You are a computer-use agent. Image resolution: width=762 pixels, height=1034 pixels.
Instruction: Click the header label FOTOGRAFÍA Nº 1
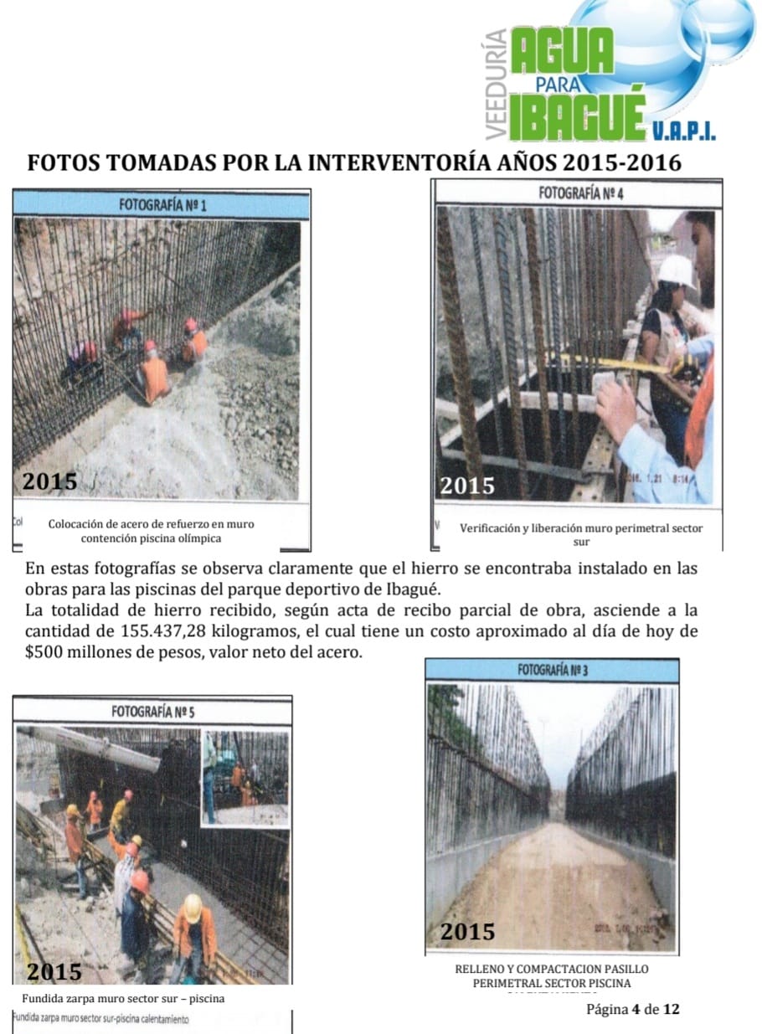[162, 204]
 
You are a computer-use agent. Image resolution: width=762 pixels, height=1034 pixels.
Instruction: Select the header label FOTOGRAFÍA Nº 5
[153, 712]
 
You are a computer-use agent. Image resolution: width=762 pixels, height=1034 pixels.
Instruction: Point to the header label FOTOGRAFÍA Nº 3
[552, 670]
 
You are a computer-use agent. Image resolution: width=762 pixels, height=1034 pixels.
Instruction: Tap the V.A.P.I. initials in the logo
[682, 132]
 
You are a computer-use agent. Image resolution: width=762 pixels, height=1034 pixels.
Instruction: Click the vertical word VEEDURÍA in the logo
[496, 84]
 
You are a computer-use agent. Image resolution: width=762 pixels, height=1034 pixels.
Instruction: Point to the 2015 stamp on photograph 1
[50, 481]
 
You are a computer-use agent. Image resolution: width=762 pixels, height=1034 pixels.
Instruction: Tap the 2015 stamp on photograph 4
[467, 485]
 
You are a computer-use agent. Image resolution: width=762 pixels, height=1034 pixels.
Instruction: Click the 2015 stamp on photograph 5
[54, 971]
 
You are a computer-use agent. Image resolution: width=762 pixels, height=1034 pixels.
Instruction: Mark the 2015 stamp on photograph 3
[467, 931]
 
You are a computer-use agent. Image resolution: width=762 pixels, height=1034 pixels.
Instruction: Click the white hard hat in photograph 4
[677, 270]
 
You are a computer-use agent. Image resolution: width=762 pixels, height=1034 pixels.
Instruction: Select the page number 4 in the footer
[636, 1009]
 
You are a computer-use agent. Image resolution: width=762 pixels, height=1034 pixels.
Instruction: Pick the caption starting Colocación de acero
[151, 531]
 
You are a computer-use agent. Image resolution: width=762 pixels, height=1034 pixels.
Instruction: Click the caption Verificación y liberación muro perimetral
[581, 534]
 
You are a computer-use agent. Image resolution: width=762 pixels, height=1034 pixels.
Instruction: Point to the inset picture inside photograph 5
[245, 779]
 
